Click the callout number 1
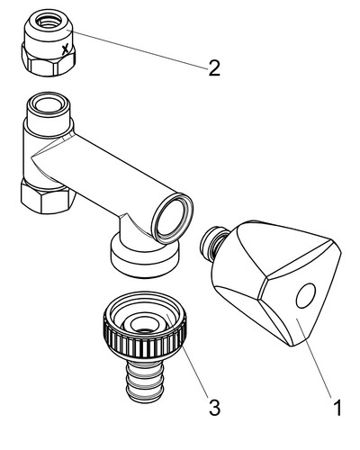click(337, 408)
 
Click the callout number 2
click(214, 67)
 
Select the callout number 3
click(214, 408)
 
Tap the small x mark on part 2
click(66, 49)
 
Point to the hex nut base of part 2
click(49, 60)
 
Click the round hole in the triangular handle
click(306, 295)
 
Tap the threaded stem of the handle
click(213, 242)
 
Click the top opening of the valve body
click(48, 103)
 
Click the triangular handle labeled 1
click(276, 282)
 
